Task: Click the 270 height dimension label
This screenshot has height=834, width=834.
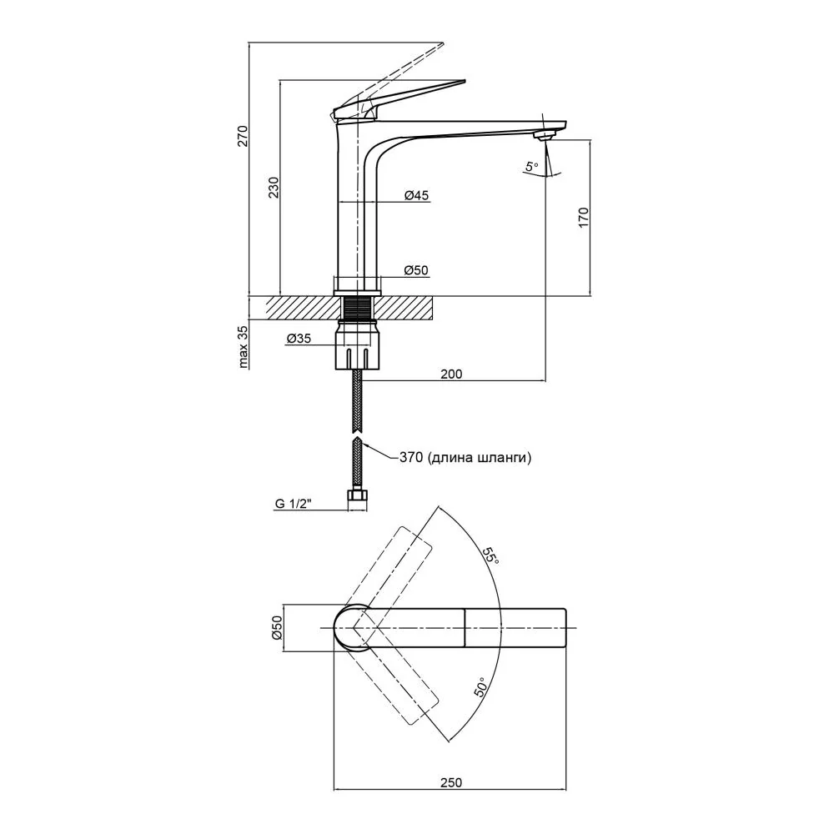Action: pos(242,136)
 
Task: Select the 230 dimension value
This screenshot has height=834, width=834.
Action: pos(273,187)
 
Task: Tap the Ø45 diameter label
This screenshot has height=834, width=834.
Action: pos(416,195)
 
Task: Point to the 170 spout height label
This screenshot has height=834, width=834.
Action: pos(583,218)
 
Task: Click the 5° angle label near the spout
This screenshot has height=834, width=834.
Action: pos(531,167)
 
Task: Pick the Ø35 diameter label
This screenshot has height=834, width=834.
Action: pos(299,339)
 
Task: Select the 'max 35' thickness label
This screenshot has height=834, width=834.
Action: pos(243,347)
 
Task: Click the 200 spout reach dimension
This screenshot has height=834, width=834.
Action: pos(451,374)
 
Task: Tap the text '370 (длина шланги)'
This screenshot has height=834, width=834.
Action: pos(465,457)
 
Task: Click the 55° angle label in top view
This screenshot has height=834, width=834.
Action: pos(491,556)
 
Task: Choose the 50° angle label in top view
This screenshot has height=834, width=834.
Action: pos(480,688)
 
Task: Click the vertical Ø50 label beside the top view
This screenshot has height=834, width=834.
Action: pos(276,628)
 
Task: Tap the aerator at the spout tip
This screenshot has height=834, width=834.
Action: pos(542,136)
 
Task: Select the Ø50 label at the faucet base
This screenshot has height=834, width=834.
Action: pos(416,271)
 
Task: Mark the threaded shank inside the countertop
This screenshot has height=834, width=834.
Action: pos(358,308)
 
